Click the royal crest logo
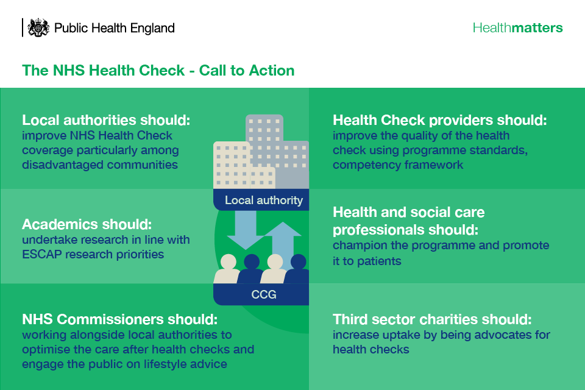click(x=38, y=27)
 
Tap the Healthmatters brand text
click(x=517, y=27)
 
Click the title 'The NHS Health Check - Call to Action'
click(x=158, y=70)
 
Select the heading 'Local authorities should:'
click(x=106, y=120)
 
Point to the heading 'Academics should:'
click(x=87, y=224)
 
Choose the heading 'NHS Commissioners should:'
click(x=120, y=319)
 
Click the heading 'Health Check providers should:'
click(x=440, y=120)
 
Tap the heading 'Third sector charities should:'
click(x=432, y=319)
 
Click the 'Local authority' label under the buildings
click(x=264, y=200)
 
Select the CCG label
click(x=264, y=294)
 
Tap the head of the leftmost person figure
click(x=229, y=261)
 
